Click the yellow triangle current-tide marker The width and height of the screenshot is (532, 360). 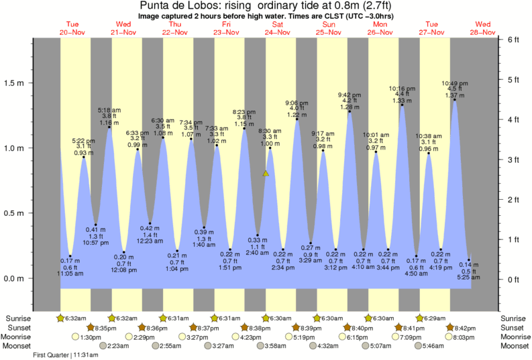click(x=266, y=174)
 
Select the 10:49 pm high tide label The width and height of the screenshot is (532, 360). click(x=454, y=83)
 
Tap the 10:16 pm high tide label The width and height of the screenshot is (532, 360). click(x=403, y=88)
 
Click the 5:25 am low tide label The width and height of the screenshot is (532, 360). click(x=470, y=277)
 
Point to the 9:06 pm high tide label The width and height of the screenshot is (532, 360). click(x=297, y=103)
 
